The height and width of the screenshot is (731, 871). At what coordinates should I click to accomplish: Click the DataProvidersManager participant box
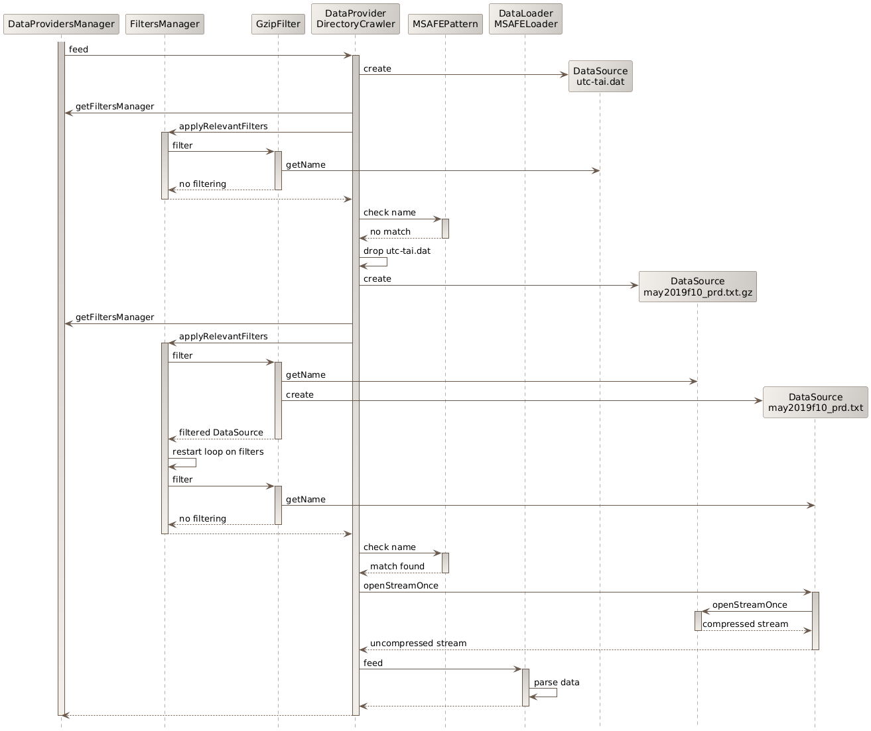61,25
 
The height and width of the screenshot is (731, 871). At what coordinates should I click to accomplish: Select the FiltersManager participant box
165,25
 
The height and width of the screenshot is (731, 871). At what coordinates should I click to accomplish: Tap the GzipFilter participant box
278,25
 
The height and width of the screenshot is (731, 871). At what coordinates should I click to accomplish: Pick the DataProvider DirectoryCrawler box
355,19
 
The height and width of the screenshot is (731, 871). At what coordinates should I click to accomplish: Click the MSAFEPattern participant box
445,25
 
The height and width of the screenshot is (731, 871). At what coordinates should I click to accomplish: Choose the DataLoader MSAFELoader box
525,19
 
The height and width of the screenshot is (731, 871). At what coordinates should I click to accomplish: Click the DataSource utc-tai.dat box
600,76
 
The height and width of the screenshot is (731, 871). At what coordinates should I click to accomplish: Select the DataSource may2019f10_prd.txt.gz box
697,287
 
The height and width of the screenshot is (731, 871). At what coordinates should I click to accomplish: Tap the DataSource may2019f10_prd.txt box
815,402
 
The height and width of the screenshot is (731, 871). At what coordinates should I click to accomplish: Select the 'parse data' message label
556,683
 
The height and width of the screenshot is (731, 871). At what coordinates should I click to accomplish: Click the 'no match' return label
390,232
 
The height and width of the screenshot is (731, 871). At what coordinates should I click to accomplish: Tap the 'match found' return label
397,567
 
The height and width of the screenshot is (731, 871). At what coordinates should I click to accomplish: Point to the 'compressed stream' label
745,624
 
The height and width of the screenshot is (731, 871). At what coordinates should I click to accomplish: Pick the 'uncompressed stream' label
418,644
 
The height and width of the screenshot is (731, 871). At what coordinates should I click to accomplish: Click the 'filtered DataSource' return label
221,433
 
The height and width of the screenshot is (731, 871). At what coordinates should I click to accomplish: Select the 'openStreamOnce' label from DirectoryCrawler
401,586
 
